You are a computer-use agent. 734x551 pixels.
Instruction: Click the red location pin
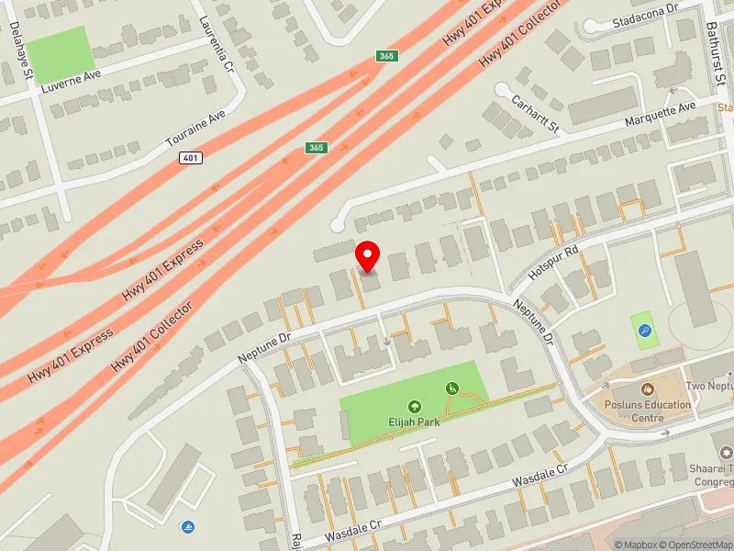368,256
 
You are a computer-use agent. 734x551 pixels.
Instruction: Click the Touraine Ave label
195,130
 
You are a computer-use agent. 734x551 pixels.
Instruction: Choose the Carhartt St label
536,114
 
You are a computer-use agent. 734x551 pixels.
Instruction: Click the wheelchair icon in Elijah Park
451,388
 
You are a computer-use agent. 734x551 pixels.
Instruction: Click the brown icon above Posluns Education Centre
648,388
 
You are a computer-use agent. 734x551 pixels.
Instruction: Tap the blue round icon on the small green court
644,331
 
